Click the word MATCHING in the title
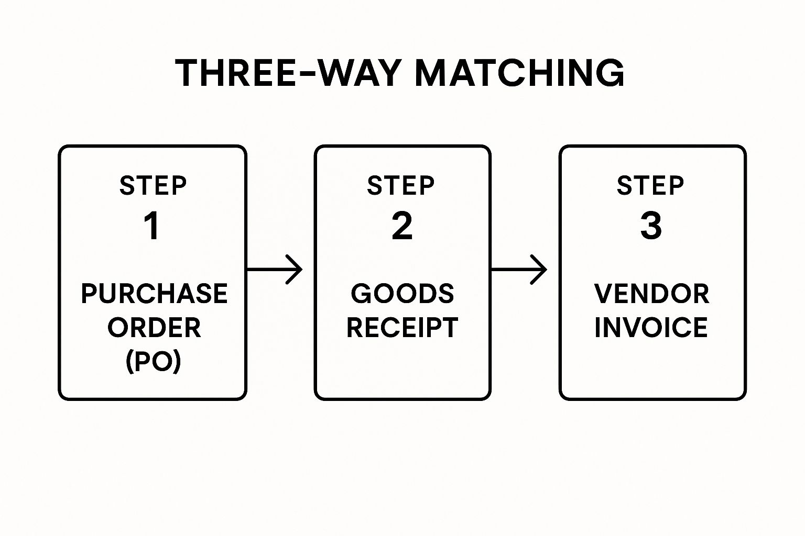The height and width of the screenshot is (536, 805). tap(519, 73)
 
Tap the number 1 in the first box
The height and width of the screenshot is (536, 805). tap(152, 226)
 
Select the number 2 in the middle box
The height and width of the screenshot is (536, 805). tap(402, 226)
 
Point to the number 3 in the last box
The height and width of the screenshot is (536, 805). tap(651, 226)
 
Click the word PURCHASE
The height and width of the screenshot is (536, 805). tap(154, 294)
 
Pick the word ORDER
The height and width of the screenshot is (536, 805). tap(154, 328)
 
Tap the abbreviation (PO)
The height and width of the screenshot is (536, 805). tap(154, 361)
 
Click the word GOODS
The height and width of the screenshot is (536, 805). tap(402, 294)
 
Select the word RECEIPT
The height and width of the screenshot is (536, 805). tap(402, 328)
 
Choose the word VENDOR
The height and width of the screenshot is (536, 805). tap(651, 294)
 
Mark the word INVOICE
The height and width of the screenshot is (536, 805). tap(651, 328)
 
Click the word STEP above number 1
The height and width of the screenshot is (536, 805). tap(153, 186)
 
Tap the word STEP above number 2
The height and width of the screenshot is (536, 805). tap(401, 186)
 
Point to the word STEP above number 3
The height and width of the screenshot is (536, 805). tap(650, 186)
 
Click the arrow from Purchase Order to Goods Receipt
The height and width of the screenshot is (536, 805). tap(274, 270)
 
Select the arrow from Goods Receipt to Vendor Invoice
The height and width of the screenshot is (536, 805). tap(518, 270)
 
